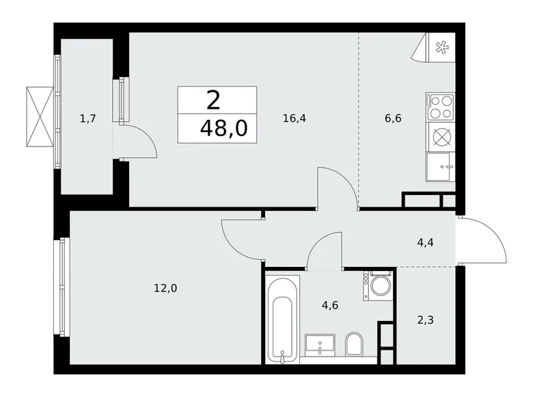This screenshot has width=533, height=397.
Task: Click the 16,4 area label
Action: click(x=295, y=118)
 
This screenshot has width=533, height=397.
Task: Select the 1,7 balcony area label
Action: click(x=87, y=118)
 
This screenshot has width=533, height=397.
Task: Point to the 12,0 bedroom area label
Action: click(x=166, y=289)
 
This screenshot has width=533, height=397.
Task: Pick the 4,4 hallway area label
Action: click(x=425, y=240)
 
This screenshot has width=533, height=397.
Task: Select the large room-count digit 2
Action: click(x=213, y=101)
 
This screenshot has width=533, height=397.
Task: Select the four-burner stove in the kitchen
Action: click(x=441, y=107)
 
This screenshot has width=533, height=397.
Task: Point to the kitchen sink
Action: click(x=441, y=166)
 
